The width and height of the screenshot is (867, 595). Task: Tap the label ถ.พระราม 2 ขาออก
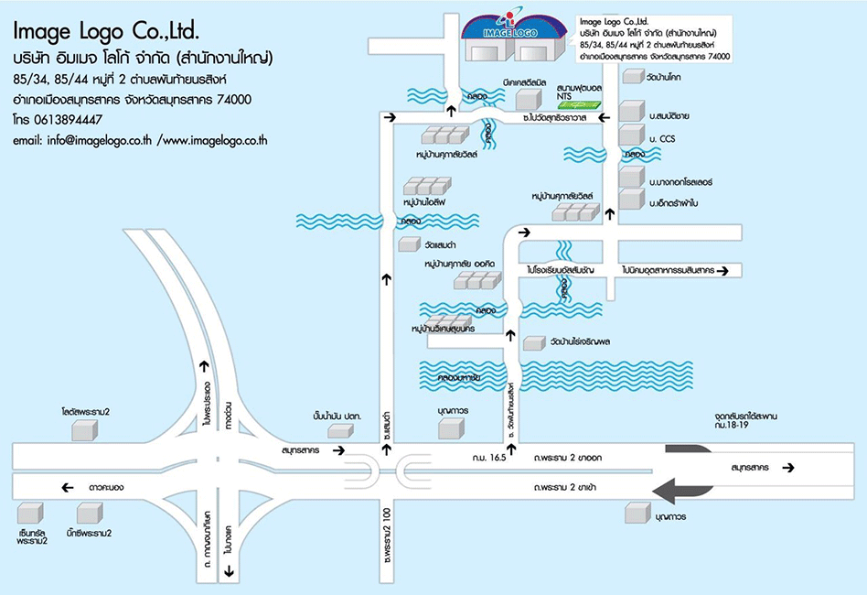pos(568,457)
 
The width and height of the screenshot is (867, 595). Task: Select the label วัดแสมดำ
pos(441,245)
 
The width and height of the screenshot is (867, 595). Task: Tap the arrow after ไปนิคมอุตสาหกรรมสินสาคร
pos(723,270)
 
